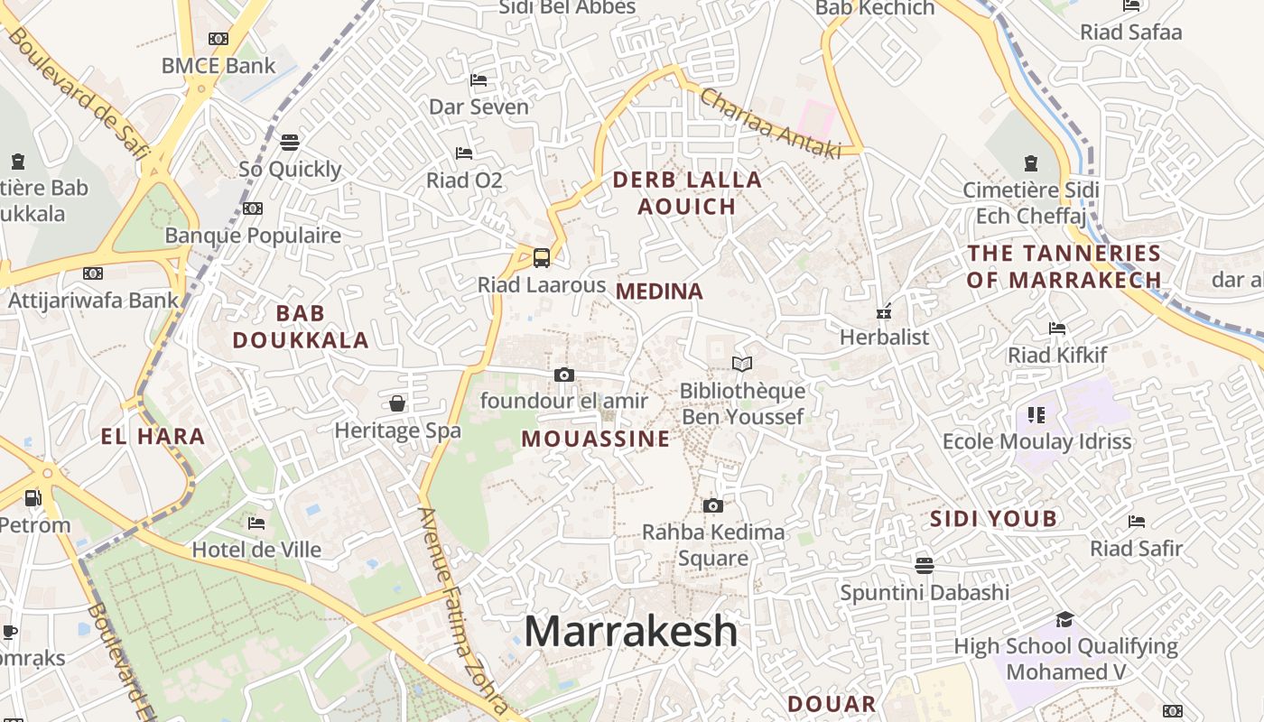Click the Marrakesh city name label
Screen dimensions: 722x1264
click(x=630, y=631)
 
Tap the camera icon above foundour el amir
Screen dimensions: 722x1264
click(x=563, y=375)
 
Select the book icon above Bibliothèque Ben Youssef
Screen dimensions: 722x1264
click(x=742, y=364)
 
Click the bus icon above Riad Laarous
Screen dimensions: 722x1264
click(x=541, y=258)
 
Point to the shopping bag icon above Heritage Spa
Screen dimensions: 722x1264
click(x=397, y=403)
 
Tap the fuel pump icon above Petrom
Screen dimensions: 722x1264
click(x=33, y=497)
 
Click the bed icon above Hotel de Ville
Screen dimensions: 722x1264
click(x=256, y=523)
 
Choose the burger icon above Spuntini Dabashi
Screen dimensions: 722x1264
click(x=924, y=566)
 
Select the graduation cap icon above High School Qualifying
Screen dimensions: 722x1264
click(x=1065, y=619)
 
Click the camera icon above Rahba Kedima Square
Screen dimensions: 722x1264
click(x=713, y=505)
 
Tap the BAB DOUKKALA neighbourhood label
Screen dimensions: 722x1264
click(x=301, y=327)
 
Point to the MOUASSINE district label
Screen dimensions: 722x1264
click(x=596, y=440)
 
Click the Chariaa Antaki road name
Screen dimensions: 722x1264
click(x=770, y=125)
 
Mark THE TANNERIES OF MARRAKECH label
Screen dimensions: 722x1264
click(x=1064, y=266)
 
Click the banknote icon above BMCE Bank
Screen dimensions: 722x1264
click(x=218, y=39)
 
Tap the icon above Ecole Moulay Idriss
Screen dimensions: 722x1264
click(x=1036, y=415)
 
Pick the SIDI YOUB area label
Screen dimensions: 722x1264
click(x=993, y=519)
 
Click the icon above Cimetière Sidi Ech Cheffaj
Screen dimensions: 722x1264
click(x=1031, y=163)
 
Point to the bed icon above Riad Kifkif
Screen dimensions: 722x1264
click(x=1057, y=329)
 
